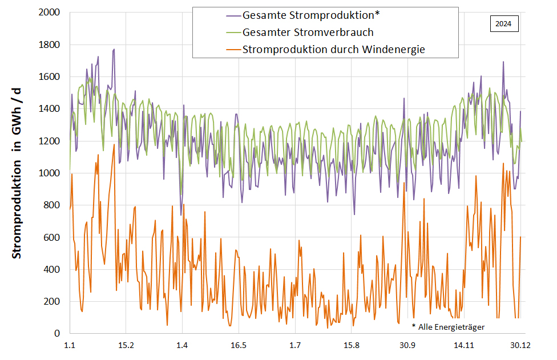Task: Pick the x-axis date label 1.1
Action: coord(70,346)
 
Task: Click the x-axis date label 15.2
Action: coord(126,346)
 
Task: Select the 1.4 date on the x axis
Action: coord(182,346)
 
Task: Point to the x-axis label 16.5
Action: coord(239,346)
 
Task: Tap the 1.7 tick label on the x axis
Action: coord(295,346)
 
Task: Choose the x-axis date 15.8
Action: coord(352,346)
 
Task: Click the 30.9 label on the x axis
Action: coord(407,346)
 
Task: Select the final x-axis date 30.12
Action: coord(520,346)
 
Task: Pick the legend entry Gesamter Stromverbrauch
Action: coord(308,33)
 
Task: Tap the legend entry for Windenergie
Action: coord(333,50)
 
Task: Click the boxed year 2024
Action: coord(503,25)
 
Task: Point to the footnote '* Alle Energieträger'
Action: coord(448,327)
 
